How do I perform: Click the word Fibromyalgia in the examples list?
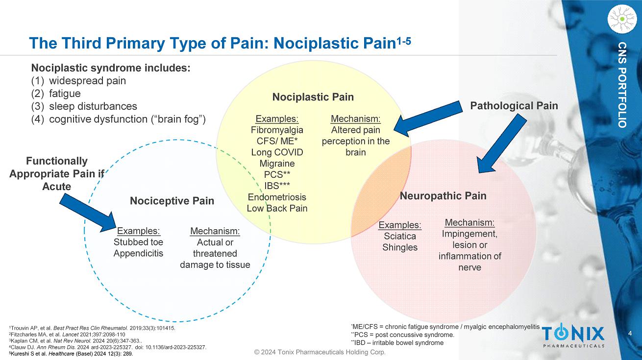click(x=277, y=130)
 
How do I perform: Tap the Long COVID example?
click(x=277, y=152)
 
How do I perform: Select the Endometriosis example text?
click(x=277, y=197)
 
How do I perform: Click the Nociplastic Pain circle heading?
click(x=313, y=97)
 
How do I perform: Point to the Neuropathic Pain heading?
click(x=443, y=196)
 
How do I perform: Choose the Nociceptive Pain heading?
click(x=172, y=201)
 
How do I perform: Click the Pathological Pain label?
click(x=514, y=105)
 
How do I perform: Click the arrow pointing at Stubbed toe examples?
click(x=91, y=212)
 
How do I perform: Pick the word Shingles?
click(x=400, y=247)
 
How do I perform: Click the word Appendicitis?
click(x=138, y=253)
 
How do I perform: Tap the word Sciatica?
click(x=400, y=237)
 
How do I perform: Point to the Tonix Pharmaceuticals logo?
click(x=573, y=336)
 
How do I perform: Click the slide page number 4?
click(x=630, y=334)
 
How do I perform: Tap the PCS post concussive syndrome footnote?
click(x=402, y=335)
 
